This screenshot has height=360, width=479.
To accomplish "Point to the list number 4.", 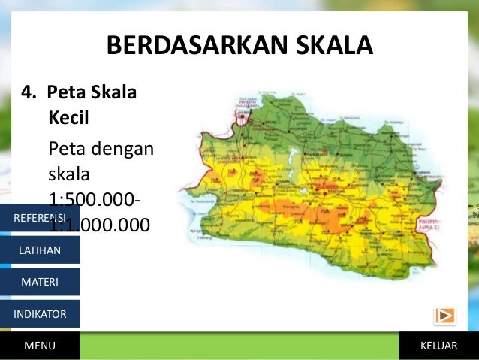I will (x=29, y=94).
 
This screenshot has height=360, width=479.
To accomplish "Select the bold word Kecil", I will (x=68, y=118).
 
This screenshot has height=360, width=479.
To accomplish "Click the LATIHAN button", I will (x=40, y=250).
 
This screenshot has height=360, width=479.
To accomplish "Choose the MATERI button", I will (x=40, y=282).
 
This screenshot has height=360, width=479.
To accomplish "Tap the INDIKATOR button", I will (x=40, y=314).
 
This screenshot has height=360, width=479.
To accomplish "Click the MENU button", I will (x=40, y=346).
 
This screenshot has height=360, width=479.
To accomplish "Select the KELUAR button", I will (x=439, y=346).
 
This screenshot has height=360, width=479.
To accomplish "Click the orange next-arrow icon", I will (x=444, y=316).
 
